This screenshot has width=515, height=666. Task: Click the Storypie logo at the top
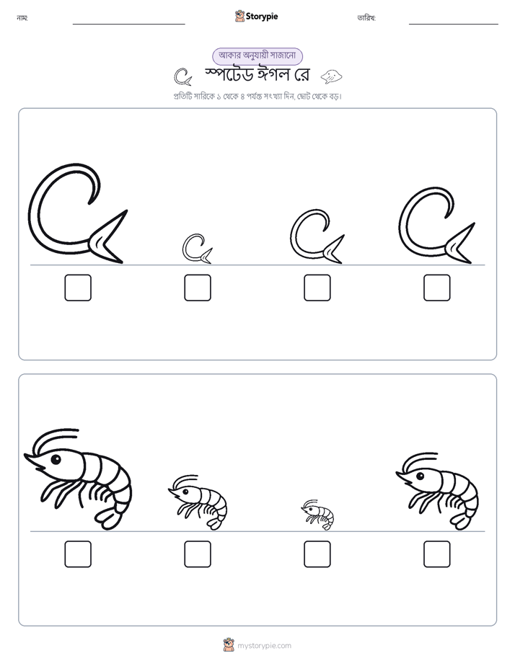tap(256, 16)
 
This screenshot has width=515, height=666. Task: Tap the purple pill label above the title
tap(257, 55)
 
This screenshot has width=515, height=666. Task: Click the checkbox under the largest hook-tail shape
tap(78, 288)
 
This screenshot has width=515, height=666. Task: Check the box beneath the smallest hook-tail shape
tap(198, 288)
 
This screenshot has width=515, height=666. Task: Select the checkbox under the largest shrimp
tap(78, 554)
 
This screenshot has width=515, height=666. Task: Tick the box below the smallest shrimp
tap(317, 554)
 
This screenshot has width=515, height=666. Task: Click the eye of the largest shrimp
tap(56, 458)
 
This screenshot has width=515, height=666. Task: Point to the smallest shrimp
tap(318, 515)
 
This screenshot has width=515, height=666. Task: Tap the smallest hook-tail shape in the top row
tap(197, 249)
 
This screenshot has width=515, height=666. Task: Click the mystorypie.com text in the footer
tap(264, 646)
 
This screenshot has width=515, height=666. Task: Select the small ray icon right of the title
tap(331, 76)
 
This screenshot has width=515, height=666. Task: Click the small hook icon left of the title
tap(182, 76)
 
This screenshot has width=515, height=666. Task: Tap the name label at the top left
tap(22, 18)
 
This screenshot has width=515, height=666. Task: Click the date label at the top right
tap(366, 18)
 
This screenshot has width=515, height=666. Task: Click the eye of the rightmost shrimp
tap(420, 476)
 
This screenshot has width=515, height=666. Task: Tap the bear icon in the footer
tap(229, 645)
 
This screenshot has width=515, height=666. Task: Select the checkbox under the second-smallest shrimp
tap(198, 554)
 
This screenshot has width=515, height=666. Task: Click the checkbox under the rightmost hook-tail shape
tap(437, 288)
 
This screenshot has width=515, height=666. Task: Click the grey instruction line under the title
tap(257, 97)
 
